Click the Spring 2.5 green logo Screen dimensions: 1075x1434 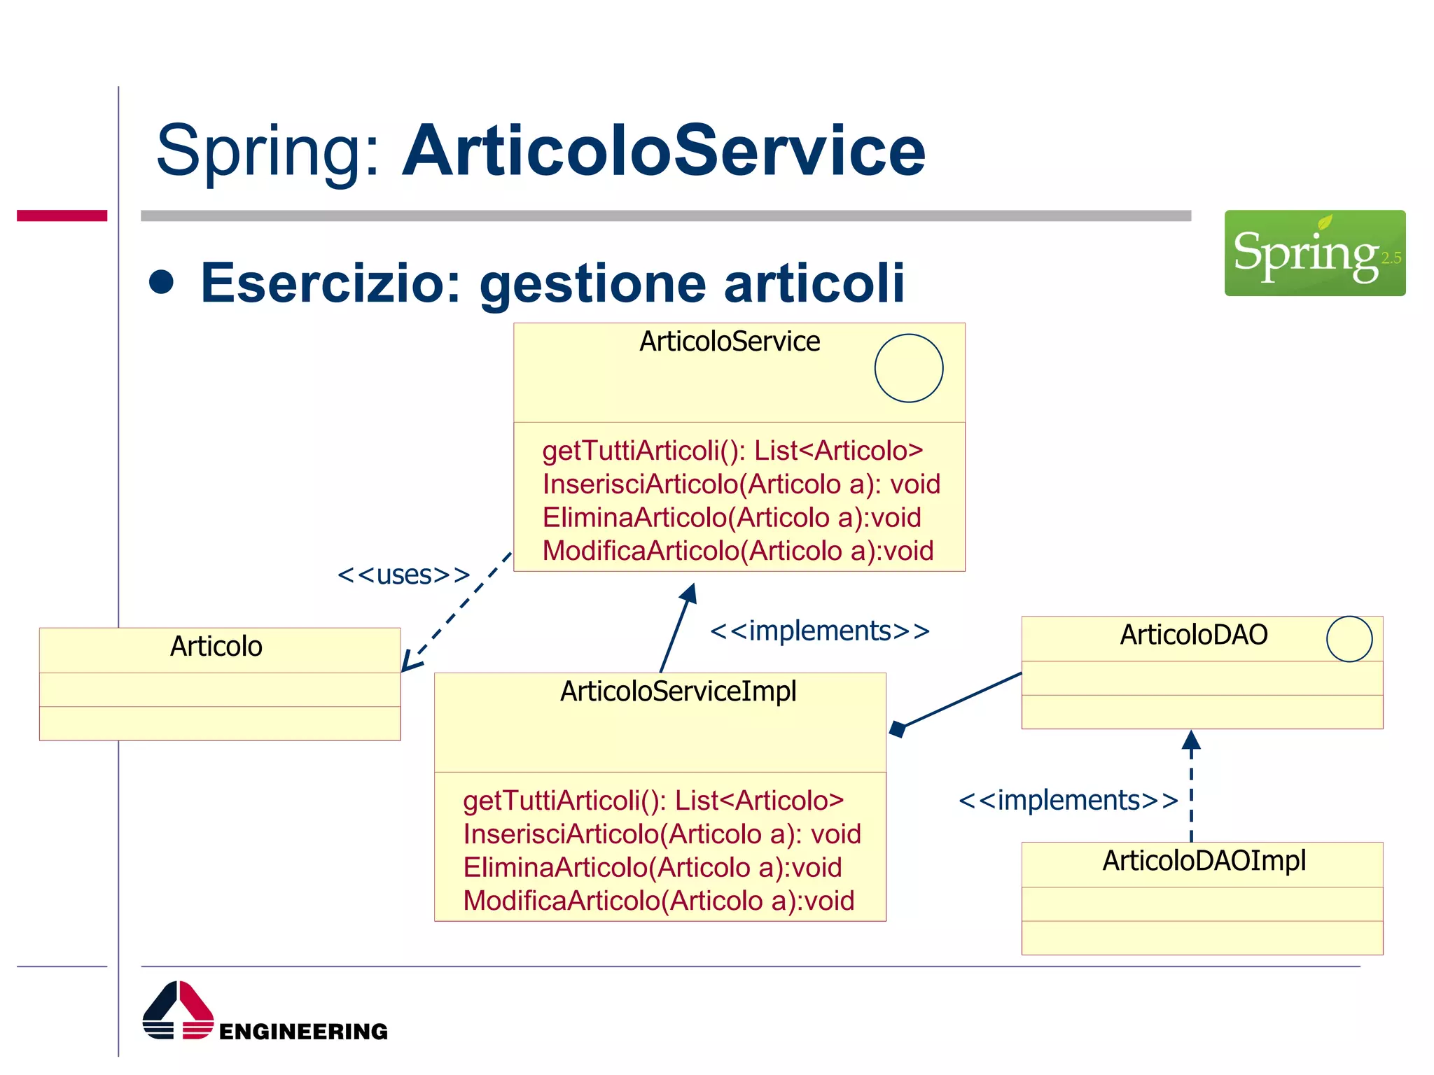[x=1314, y=253]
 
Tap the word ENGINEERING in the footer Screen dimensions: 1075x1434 [x=303, y=1032]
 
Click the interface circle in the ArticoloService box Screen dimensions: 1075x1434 [x=908, y=368]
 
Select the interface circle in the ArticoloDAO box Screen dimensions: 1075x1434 [x=1349, y=638]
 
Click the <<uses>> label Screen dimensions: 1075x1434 [x=403, y=575]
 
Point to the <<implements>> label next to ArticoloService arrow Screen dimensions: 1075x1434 [x=819, y=631]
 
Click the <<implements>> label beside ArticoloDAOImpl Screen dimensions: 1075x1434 [x=1068, y=800]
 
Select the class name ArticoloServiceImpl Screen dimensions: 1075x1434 [x=678, y=691]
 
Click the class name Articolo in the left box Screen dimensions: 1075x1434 [x=216, y=646]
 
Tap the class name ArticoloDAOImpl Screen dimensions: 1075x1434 [x=1204, y=860]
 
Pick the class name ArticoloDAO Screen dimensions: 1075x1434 [x=1193, y=635]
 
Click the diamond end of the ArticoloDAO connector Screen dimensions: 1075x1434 [x=898, y=729]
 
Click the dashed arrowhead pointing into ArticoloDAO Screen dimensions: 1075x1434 [x=1191, y=740]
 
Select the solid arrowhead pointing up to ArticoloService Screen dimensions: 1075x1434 [x=689, y=593]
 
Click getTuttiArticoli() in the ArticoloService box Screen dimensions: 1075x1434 [x=732, y=451]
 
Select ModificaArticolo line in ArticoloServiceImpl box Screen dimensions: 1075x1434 [x=658, y=901]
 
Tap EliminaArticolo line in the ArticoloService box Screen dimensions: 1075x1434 [x=731, y=518]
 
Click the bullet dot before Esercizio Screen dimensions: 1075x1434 [x=162, y=281]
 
